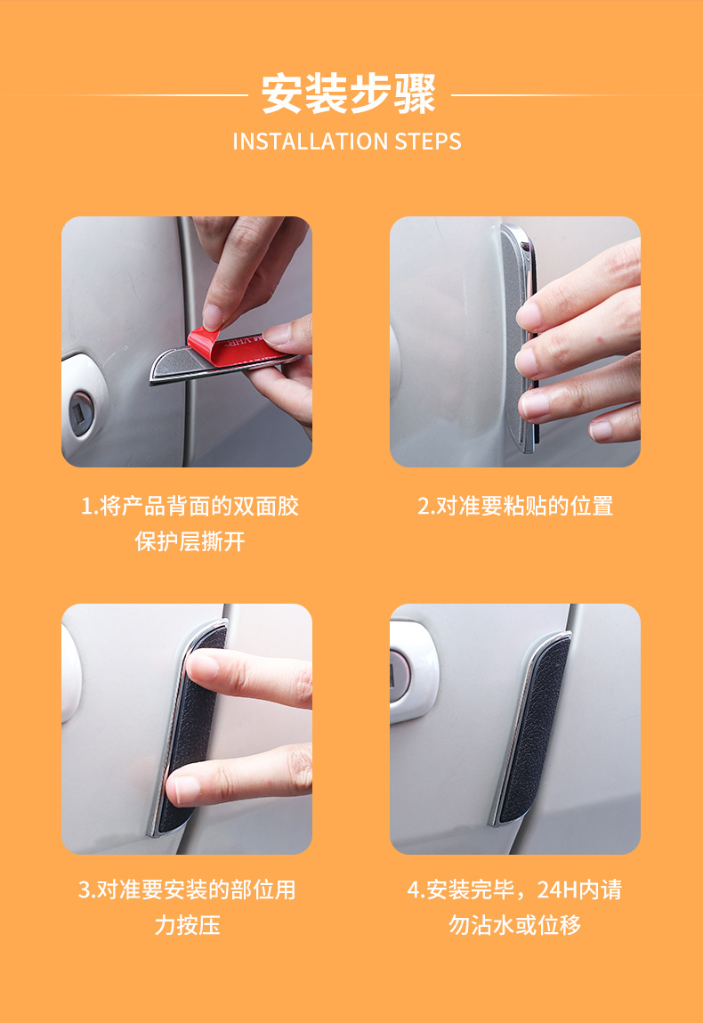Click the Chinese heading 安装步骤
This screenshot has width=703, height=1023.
(348, 94)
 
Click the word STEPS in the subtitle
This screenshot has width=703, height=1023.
(428, 142)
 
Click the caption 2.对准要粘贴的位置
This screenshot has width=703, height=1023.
(515, 506)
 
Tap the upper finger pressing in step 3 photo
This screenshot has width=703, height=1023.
(247, 678)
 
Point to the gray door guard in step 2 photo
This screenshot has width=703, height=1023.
(519, 336)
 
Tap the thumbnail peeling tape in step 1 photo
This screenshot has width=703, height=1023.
(213, 318)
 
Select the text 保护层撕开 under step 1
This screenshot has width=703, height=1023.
(190, 541)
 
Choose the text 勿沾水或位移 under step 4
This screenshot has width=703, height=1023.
(514, 925)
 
